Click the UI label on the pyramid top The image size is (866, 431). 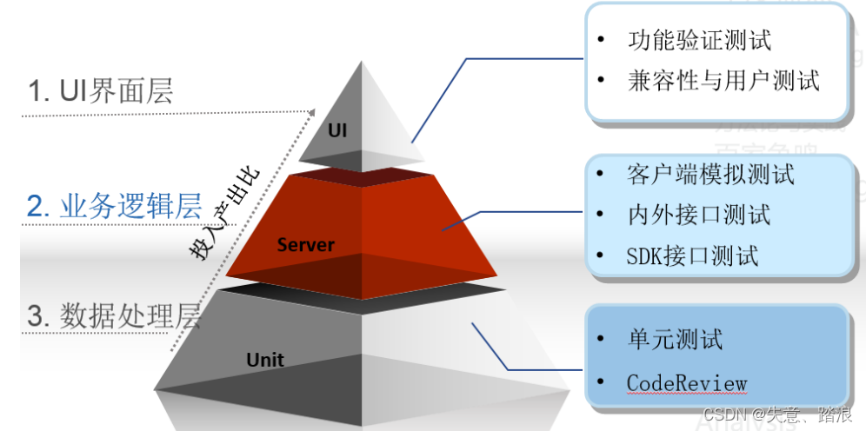click(x=337, y=130)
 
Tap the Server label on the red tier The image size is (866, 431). click(x=305, y=245)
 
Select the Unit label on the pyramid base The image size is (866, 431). click(x=264, y=359)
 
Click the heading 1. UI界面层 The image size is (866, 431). click(x=101, y=90)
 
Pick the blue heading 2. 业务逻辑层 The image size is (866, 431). click(x=114, y=206)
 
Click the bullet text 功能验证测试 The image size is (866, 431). click(x=699, y=41)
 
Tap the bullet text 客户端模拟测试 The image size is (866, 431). click(x=710, y=174)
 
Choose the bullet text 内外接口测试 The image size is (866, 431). click(x=698, y=215)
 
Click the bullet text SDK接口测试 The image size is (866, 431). click(x=692, y=255)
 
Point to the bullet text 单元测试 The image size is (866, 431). click(x=674, y=339)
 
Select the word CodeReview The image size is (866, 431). click(x=686, y=383)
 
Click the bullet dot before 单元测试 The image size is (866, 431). click(x=603, y=340)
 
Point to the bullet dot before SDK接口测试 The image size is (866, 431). click(x=602, y=256)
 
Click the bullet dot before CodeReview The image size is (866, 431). click(x=603, y=383)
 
